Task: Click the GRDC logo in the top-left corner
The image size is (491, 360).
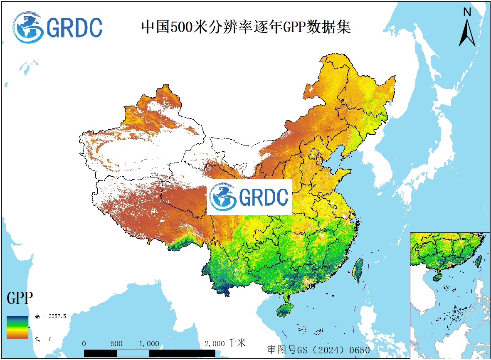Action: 57,27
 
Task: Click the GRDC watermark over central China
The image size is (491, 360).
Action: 249,197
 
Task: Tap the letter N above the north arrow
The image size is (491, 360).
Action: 467,12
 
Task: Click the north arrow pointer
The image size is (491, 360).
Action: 467,32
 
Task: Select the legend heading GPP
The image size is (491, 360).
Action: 20,298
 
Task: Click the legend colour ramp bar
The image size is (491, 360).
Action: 17,327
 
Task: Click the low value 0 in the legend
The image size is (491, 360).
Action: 50,339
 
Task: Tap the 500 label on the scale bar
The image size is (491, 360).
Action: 116,344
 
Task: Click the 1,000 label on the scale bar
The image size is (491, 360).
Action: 149,344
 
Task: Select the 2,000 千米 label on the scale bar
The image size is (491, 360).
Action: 225,343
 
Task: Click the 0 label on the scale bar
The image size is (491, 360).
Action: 84,344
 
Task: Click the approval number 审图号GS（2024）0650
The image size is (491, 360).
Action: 318,350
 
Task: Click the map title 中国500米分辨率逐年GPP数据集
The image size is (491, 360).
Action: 246,27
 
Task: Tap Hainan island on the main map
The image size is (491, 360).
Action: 285,310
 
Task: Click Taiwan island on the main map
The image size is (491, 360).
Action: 358,270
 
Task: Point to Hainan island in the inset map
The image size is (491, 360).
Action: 438,276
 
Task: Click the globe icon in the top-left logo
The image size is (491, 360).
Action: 27,27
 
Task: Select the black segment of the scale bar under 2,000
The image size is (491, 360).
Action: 182,353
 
